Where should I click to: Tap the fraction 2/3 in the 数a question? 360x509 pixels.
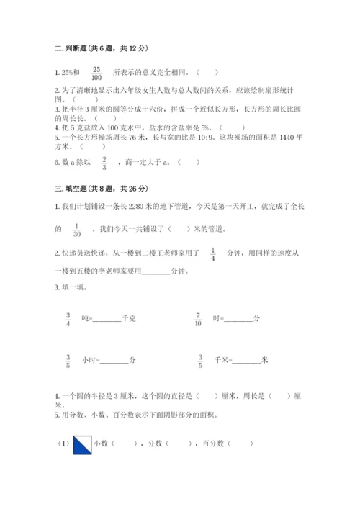tap(104, 163)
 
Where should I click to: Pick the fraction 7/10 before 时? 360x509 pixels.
tap(198, 319)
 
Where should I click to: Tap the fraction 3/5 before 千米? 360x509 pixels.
tap(199, 360)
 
